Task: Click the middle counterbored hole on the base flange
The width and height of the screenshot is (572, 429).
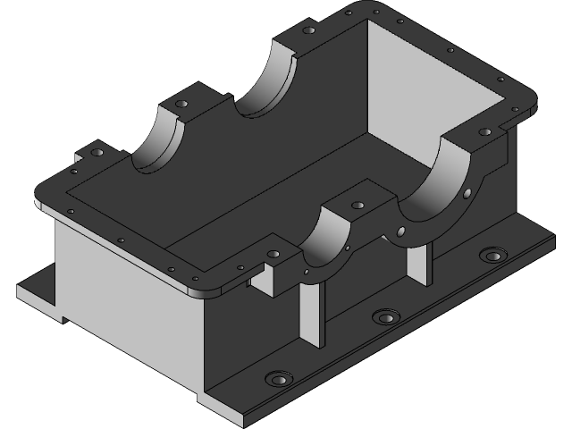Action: (385, 317)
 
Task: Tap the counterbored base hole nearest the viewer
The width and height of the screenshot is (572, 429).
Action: (279, 379)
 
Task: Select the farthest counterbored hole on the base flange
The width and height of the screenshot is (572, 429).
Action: (491, 256)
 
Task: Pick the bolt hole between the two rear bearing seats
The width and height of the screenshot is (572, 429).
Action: (183, 105)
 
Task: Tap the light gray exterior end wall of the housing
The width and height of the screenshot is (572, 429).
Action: (125, 286)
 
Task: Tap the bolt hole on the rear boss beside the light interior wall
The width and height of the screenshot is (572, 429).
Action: (309, 30)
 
